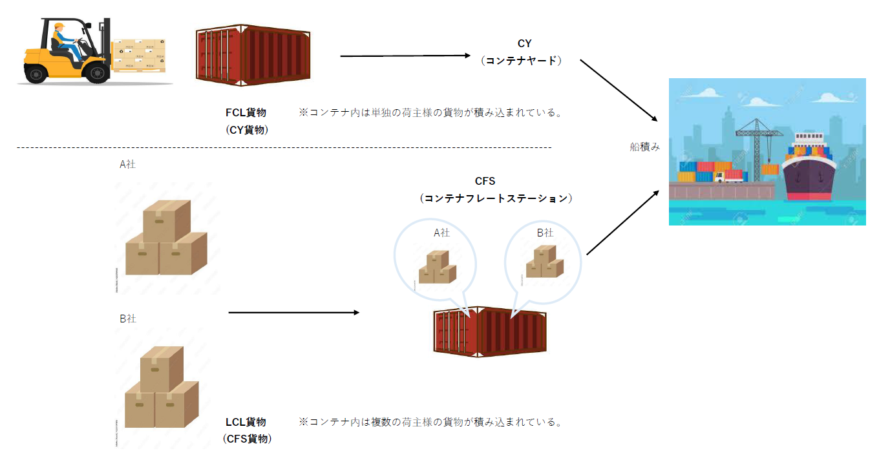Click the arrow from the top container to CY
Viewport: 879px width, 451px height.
(406, 56)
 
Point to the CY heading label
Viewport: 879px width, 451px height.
(524, 43)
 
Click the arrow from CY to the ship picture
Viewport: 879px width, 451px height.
(619, 90)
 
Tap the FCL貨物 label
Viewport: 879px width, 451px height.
(246, 112)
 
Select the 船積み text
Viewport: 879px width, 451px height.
(644, 147)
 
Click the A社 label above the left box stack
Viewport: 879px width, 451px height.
(128, 164)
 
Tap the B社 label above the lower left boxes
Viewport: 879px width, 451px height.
(128, 319)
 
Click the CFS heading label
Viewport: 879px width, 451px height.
(484, 182)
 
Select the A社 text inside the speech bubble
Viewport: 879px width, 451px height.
(441, 233)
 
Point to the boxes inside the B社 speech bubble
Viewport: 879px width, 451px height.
(544, 262)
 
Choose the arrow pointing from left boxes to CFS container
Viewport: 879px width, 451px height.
(293, 313)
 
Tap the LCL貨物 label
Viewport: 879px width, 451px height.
(246, 422)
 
